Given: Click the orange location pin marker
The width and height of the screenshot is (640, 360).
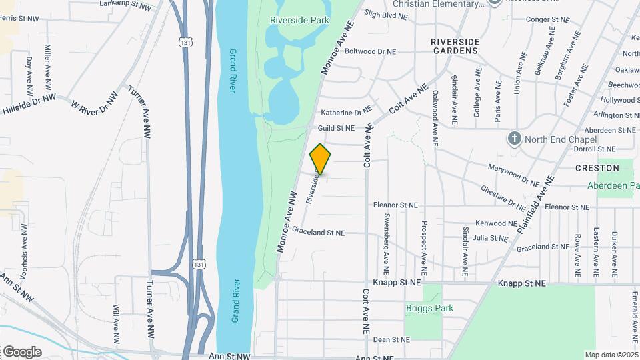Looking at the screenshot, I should coord(321,159).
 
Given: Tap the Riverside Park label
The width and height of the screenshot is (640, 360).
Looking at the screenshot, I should coord(299,20).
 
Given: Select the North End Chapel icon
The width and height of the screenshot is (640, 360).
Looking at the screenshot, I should coord(514,139).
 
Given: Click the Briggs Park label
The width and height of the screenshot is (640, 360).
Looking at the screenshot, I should coord(429,308).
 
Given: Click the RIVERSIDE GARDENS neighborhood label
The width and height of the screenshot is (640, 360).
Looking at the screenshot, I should coord(455,45).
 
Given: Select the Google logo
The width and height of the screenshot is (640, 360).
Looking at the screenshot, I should coord(22,351).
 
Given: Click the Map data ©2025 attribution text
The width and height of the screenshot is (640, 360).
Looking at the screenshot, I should coord(611,355).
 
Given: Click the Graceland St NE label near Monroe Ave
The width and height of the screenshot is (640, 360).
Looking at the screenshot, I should coord(318,233).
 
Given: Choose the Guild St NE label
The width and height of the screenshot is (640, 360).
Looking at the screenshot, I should coord(337,127).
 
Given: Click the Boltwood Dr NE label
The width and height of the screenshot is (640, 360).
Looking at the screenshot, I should coord(370,51).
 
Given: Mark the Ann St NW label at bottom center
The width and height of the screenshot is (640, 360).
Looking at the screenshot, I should coord(229,357).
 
